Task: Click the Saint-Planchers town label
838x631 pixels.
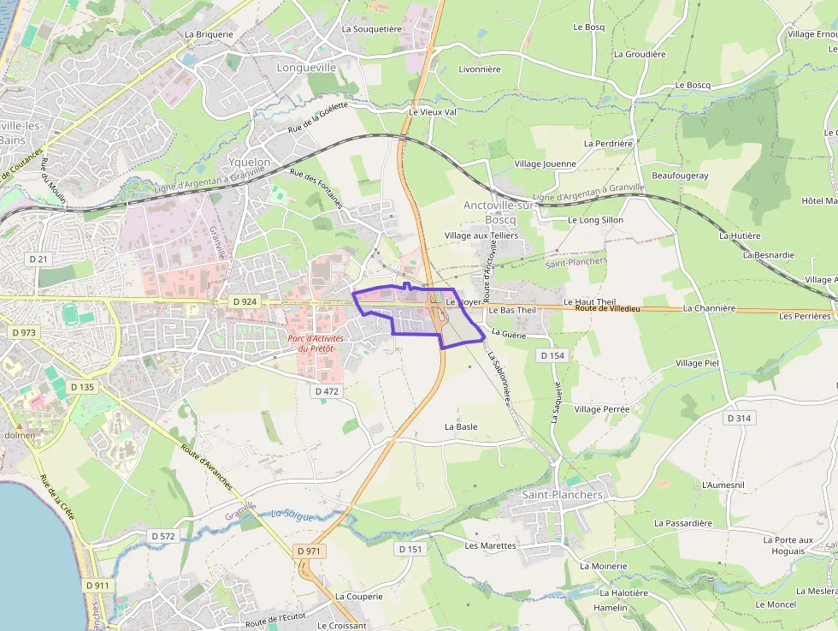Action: click(562, 495)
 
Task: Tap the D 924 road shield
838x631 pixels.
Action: click(244, 301)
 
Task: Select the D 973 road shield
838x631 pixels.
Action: click(25, 332)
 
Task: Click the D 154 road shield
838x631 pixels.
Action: click(553, 354)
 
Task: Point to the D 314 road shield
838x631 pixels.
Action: click(740, 418)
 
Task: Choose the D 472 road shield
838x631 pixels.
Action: click(327, 390)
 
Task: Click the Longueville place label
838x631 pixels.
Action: click(306, 67)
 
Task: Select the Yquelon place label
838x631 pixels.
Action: click(250, 162)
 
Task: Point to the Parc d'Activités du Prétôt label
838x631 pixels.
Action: click(316, 342)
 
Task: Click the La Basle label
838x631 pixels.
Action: click(461, 426)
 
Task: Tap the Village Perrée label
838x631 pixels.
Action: click(601, 409)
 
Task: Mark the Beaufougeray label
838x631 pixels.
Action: click(680, 176)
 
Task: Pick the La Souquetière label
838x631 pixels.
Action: click(371, 28)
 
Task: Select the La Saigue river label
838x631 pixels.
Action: click(292, 515)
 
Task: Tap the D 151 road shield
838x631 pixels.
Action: click(410, 549)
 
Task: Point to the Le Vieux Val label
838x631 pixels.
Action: click(433, 112)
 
